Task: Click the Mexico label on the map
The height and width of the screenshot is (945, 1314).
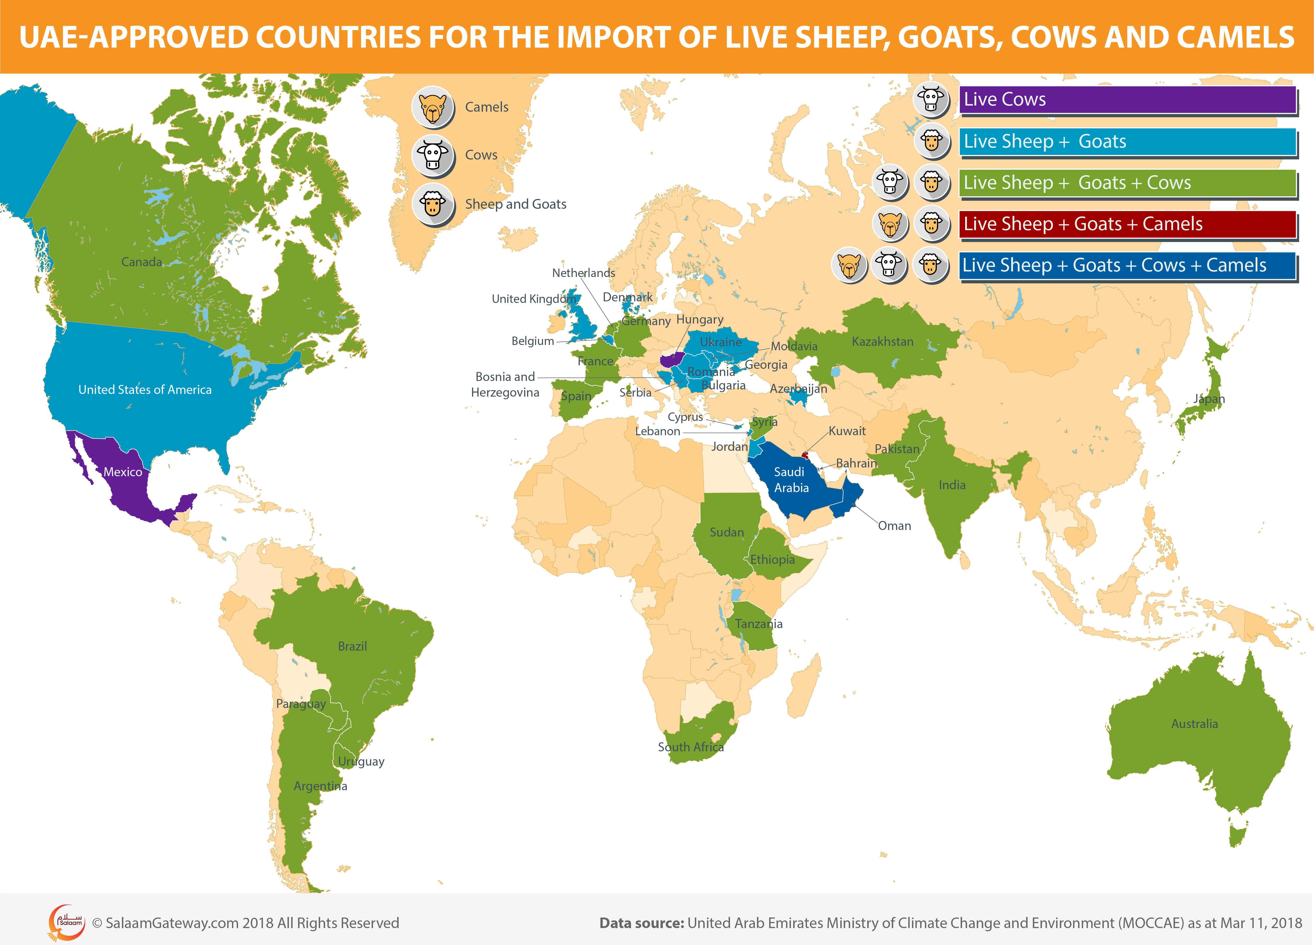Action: point(123,472)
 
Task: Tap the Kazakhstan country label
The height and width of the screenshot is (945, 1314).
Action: point(882,342)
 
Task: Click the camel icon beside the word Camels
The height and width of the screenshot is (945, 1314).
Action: point(432,107)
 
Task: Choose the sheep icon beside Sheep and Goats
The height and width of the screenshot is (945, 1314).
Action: point(432,204)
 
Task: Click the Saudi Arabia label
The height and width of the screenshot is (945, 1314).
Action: point(791,480)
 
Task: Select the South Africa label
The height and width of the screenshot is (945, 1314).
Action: point(691,747)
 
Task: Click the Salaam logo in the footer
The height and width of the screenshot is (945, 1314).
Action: point(67,923)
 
